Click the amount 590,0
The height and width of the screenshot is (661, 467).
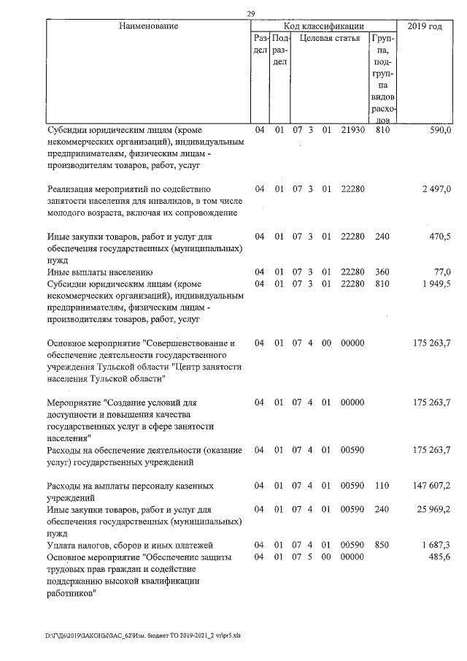440,130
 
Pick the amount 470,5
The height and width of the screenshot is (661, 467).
440,237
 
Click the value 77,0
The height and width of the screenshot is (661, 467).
443,272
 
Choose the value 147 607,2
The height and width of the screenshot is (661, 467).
433,486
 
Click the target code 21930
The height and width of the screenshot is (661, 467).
352,130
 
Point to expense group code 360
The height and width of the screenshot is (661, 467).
382,272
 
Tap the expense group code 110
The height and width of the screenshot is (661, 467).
382,486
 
